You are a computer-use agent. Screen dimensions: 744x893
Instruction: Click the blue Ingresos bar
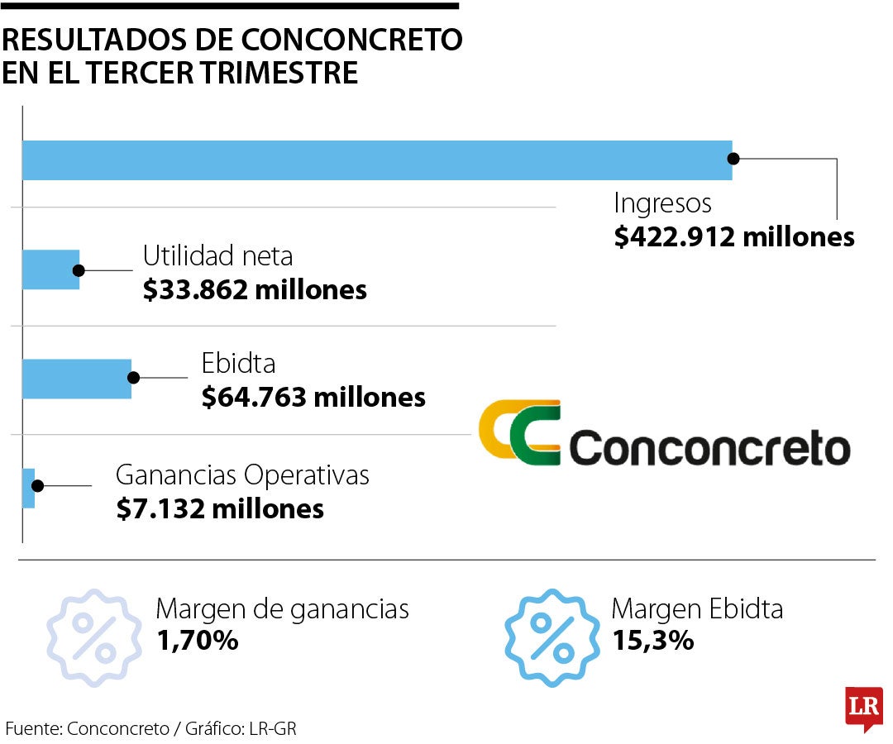click(x=376, y=160)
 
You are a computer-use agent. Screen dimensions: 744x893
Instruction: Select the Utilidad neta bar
click(x=50, y=269)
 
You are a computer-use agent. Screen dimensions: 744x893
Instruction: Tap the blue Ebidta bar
click(x=76, y=379)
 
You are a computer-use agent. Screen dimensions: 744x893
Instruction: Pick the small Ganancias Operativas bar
click(x=28, y=487)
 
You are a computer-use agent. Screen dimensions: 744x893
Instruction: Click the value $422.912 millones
click(x=734, y=237)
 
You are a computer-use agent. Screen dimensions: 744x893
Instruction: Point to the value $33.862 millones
click(x=255, y=290)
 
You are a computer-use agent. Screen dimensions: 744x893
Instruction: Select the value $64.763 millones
click(x=313, y=398)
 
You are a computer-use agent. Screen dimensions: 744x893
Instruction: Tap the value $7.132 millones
click(x=220, y=508)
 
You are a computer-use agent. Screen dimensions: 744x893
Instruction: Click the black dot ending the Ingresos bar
click(x=733, y=160)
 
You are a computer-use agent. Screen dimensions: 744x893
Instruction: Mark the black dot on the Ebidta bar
click(x=132, y=378)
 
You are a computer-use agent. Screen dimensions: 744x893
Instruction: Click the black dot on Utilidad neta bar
click(x=79, y=269)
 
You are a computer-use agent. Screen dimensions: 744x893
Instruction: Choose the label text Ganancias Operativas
click(x=242, y=475)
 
